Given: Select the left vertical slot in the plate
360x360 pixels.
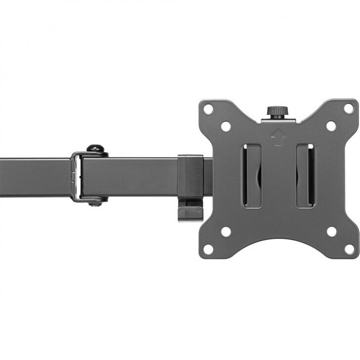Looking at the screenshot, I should point(252,176).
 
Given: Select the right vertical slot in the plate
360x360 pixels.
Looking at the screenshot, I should point(305,176).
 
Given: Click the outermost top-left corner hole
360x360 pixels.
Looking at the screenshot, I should point(208,109).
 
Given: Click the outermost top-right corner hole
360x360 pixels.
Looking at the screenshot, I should point(349,108).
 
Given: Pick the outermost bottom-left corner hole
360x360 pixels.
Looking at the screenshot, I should point(208,249).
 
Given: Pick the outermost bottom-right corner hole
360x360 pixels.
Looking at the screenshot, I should point(349,249).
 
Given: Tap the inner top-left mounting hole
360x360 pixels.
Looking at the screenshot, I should point(226,126).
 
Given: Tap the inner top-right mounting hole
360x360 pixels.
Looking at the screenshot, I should point(331,126).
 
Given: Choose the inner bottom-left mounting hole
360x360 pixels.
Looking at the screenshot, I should point(226,232).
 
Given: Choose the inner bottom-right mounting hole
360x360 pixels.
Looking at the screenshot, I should point(331,232).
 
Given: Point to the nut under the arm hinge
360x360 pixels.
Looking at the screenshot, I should point(96,201).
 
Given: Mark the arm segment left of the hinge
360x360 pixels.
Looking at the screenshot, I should point(34,177).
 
